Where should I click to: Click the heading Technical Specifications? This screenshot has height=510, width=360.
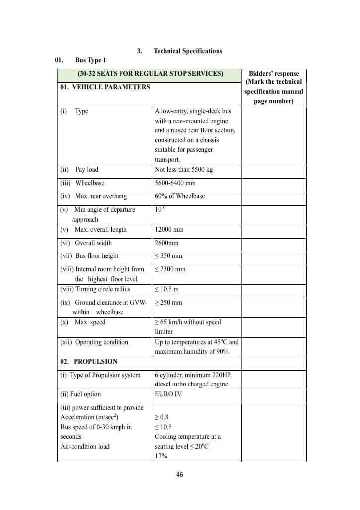pyautogui.click(x=188, y=51)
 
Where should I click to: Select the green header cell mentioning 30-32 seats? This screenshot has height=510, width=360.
pyautogui.click(x=150, y=74)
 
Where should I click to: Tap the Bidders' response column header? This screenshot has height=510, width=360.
pyautogui.click(x=273, y=87)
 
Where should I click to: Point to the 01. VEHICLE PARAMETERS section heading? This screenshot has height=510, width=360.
pyautogui.click(x=105, y=87)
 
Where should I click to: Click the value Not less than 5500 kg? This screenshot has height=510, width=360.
pyautogui.click(x=184, y=170)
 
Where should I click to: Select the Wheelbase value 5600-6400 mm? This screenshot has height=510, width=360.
pyautogui.click(x=175, y=183)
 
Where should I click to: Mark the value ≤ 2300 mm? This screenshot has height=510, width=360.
pyautogui.click(x=170, y=269)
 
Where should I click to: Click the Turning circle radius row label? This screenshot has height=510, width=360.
pyautogui.click(x=95, y=289)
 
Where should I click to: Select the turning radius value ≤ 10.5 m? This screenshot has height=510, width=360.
pyautogui.click(x=167, y=289)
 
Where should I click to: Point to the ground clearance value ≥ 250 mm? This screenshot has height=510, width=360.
pyautogui.click(x=168, y=303)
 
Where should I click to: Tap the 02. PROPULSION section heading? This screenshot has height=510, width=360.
pyautogui.click(x=89, y=362)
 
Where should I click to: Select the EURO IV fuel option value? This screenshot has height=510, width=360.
pyautogui.click(x=168, y=394)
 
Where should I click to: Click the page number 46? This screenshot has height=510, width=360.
pyautogui.click(x=180, y=475)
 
